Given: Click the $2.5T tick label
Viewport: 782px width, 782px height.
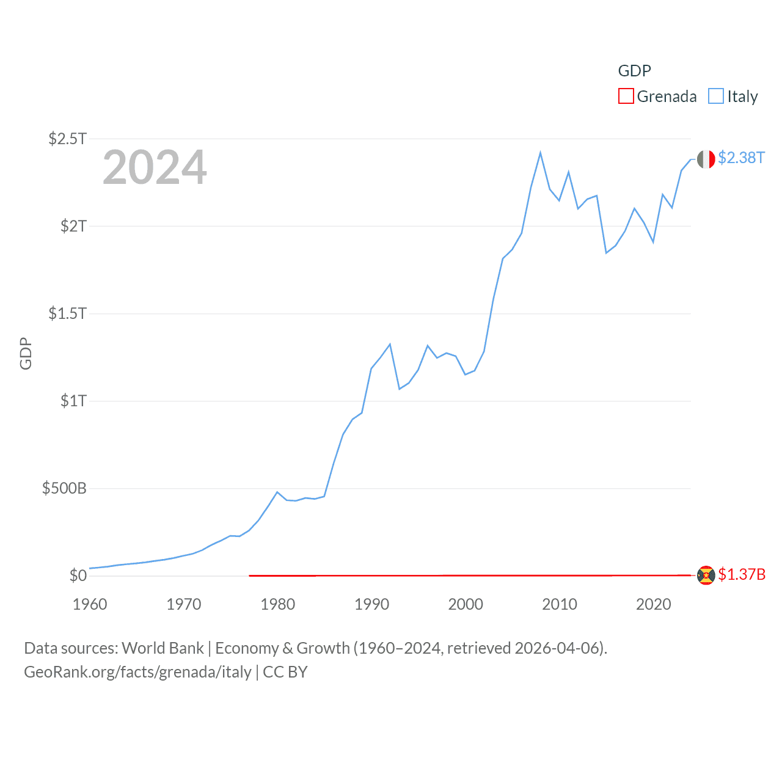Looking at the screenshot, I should point(68,139).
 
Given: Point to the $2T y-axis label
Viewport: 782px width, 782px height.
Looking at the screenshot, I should point(73,226).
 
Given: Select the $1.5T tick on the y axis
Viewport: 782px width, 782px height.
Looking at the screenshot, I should point(68,313).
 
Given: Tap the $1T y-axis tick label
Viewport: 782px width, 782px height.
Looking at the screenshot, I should point(73,401).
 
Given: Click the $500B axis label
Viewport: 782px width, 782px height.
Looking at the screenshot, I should point(64,488).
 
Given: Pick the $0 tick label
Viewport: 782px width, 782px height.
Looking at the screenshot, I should point(78,576).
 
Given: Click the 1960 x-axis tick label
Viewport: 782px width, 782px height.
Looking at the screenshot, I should point(90,604).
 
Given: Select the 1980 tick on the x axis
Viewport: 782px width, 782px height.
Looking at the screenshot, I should point(278,604).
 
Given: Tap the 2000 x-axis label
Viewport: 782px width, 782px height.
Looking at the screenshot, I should point(466,604).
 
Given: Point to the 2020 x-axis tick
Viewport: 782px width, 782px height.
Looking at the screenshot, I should point(654,604).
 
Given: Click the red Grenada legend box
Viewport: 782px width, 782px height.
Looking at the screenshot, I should point(626,96).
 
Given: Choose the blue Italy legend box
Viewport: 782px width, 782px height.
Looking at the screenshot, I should point(716,96).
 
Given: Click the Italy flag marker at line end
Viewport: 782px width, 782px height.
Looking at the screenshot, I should point(706,159).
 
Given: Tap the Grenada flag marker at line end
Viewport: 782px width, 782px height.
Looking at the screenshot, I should point(706,576).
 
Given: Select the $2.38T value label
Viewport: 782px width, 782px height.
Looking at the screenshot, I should point(741,158).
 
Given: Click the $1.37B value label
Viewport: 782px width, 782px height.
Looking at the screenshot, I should point(742,574).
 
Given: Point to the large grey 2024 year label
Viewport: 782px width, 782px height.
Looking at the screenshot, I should point(155,167).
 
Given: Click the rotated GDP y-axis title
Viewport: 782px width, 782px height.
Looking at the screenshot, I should point(26,353).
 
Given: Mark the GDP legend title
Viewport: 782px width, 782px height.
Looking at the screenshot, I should point(634,71).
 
